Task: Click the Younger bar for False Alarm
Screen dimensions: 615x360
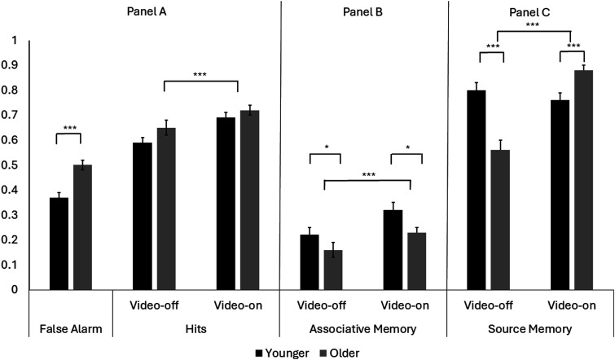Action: [x=59, y=244]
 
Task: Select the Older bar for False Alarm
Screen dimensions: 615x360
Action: [x=83, y=227]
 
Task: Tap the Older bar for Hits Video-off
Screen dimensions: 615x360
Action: [x=166, y=209]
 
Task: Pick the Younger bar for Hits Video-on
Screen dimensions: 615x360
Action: [x=226, y=204]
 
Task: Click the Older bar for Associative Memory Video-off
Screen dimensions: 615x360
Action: [x=333, y=270]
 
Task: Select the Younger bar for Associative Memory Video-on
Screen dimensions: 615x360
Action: [x=393, y=250]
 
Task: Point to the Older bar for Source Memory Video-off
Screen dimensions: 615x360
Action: [x=500, y=220]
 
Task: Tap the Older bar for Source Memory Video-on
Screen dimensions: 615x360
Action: [x=583, y=180]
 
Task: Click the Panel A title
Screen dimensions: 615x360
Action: [x=147, y=11]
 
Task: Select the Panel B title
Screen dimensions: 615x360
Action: [x=362, y=11]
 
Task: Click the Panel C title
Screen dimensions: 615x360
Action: [x=529, y=12]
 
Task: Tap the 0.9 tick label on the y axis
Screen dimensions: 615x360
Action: [x=10, y=65]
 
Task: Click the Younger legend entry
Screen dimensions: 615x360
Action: [x=282, y=353]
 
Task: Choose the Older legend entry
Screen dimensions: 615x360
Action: [x=340, y=353]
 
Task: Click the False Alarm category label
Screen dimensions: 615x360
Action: [x=71, y=328]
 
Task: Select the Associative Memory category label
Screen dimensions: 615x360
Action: [x=362, y=328]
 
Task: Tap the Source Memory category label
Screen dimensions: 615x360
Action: [x=530, y=328]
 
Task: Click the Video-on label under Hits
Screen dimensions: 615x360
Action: [x=238, y=305]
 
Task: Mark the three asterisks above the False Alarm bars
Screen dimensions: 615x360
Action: [x=70, y=128]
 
